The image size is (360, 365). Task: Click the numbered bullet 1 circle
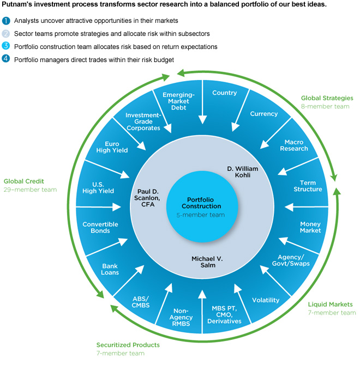[6, 21]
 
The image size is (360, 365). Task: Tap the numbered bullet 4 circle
[6, 58]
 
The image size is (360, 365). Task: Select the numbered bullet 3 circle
[6, 46]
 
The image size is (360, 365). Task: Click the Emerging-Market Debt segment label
[178, 101]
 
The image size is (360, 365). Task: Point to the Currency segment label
[264, 114]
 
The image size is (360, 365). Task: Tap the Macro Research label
[294, 145]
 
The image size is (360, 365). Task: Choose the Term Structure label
[308, 186]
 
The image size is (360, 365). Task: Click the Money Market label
[310, 227]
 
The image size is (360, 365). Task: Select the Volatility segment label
[266, 300]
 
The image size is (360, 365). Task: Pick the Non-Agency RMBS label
[181, 317]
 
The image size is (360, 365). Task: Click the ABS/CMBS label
[141, 302]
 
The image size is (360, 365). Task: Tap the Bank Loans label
[110, 269]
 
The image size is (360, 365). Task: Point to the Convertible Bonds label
[100, 227]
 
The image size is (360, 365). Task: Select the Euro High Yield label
[112, 147]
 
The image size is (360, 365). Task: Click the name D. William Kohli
[243, 172]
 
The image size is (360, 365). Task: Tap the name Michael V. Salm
[207, 262]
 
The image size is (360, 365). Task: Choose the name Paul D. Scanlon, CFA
[147, 198]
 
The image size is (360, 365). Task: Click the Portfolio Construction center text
[201, 203]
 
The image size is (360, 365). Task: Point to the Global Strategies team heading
[327, 98]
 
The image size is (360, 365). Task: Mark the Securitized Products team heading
[128, 345]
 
